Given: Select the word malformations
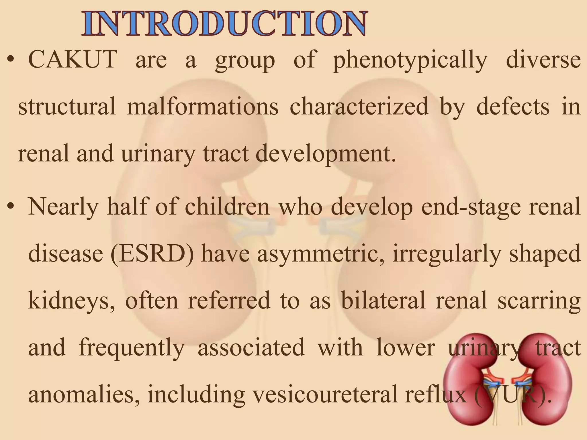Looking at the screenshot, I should click(203, 107).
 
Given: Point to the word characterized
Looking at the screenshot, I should click(359, 107).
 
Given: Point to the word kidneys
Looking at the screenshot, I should click(71, 301).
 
